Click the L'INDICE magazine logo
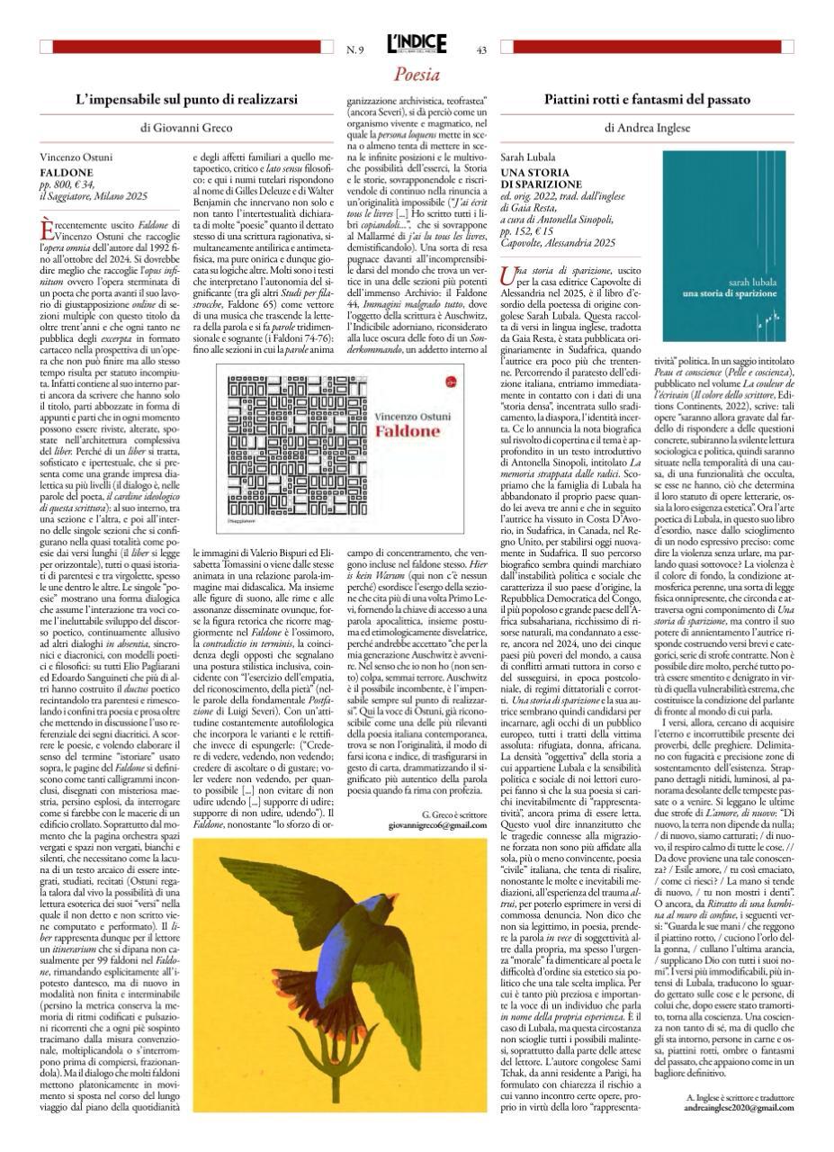417,47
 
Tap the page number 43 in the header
481,49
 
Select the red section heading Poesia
417,75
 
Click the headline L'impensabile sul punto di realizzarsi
185,100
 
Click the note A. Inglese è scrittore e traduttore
738,1096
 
